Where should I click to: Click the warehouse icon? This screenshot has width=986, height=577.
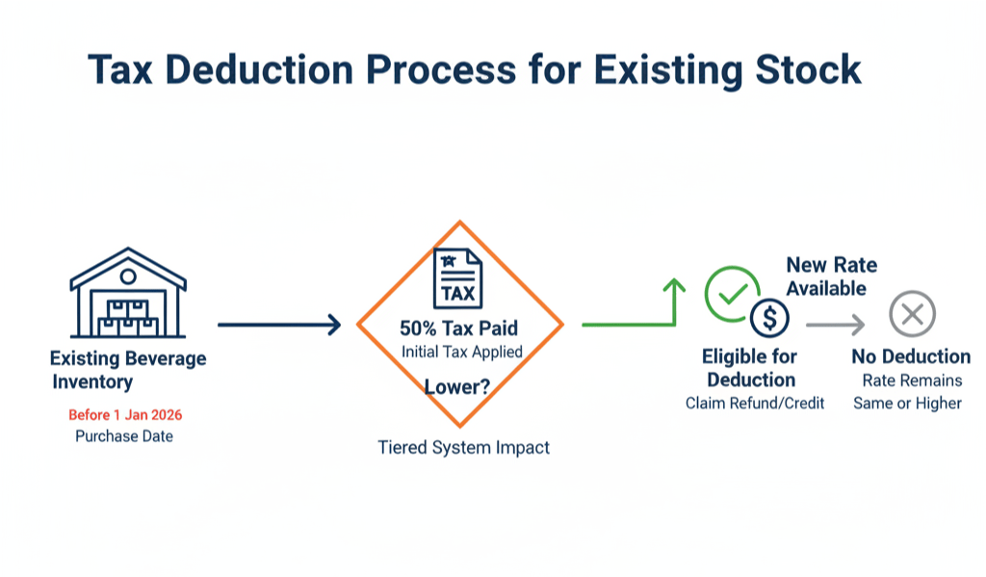128,293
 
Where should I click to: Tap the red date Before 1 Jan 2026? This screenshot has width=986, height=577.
125,415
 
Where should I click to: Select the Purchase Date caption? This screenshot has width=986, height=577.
125,436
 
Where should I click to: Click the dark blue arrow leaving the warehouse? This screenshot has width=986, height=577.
279,325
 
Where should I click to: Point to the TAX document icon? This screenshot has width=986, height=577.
459,277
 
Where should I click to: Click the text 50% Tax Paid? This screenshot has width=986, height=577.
459,328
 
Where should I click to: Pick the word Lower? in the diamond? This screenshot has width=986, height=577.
457,387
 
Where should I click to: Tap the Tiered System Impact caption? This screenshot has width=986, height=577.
463,447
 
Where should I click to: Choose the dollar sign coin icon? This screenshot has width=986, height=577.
769,317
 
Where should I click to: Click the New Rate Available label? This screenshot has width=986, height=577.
831,276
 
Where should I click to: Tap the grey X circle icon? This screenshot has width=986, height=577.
912,313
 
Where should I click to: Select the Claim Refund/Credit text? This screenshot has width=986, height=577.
755,403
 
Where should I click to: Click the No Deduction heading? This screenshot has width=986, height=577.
911,357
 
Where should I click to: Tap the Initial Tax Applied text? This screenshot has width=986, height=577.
461,352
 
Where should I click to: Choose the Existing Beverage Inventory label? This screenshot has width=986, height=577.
127,370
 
